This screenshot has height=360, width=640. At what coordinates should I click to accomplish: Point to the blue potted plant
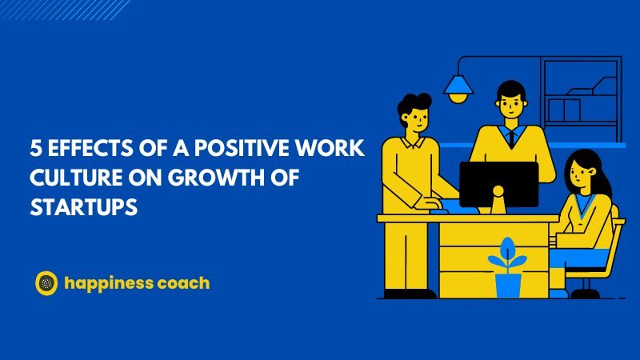[x=506, y=268]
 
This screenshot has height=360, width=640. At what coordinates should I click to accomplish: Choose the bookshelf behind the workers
[x=580, y=96]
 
